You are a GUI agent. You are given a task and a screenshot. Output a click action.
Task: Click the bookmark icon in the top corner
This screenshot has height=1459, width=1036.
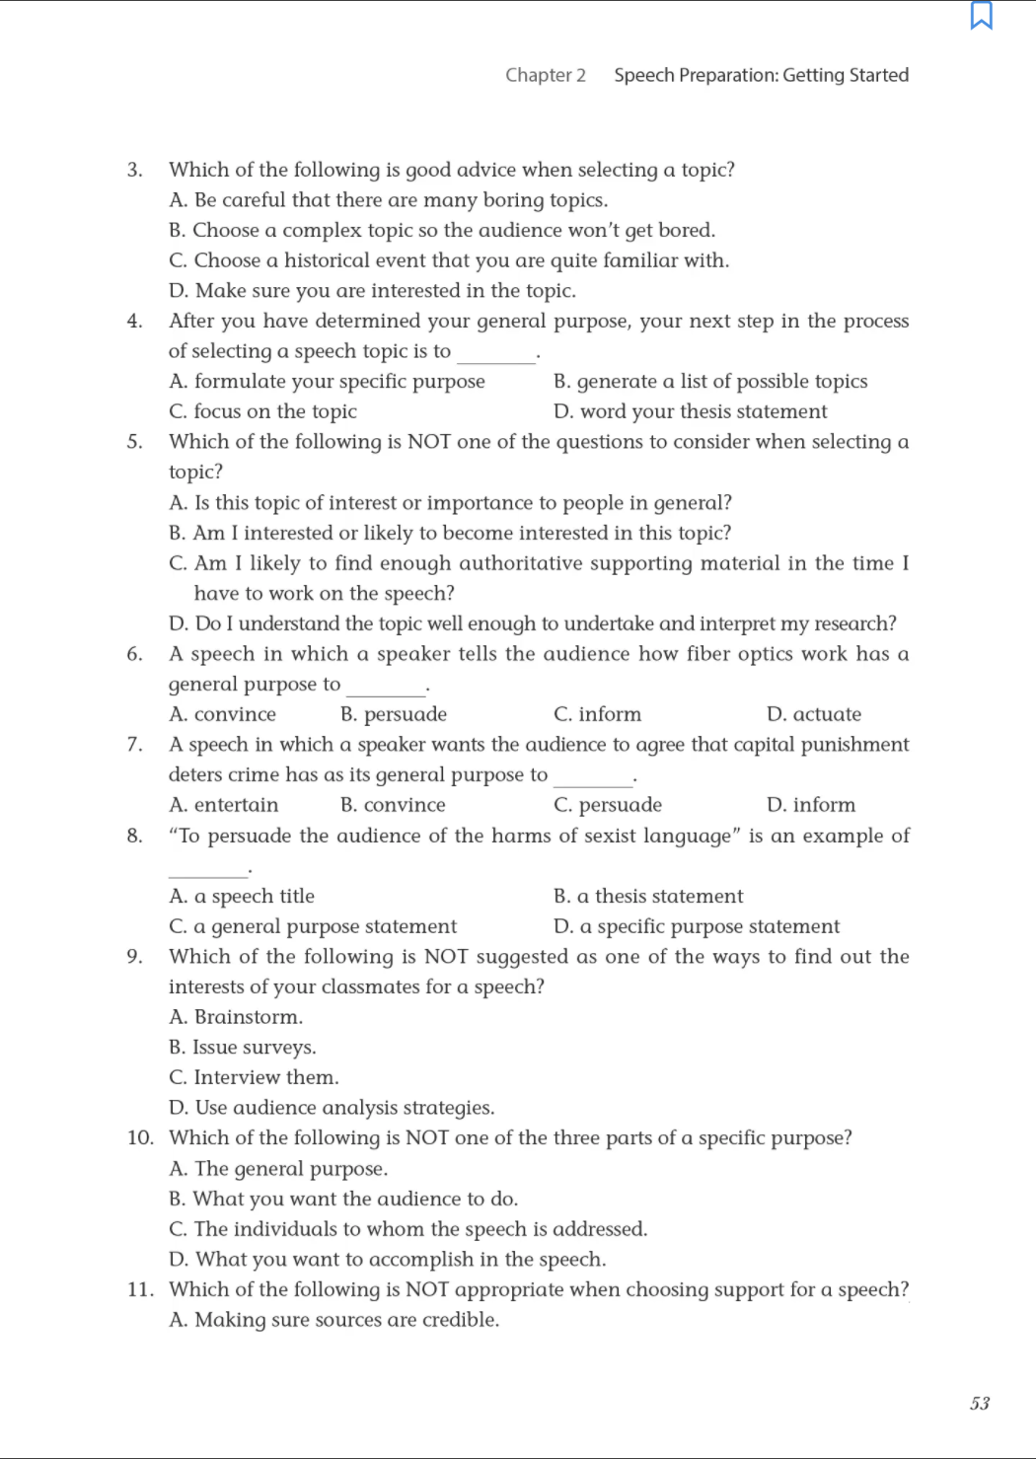(982, 16)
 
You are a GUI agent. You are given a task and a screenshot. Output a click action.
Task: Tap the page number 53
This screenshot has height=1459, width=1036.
(980, 1404)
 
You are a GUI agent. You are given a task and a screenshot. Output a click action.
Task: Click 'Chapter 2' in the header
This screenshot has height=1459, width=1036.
(546, 75)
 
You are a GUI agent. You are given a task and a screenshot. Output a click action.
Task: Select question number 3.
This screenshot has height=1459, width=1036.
(134, 170)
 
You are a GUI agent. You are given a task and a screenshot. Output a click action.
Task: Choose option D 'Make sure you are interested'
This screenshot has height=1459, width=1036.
(372, 291)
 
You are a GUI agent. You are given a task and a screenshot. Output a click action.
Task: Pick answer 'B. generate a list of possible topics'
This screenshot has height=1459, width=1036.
(710, 382)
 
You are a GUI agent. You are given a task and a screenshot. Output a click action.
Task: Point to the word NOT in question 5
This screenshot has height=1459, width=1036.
(429, 442)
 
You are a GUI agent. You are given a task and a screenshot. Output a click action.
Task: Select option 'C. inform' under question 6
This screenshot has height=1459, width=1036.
(597, 714)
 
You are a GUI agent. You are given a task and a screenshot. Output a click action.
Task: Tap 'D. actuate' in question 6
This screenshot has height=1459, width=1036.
(813, 714)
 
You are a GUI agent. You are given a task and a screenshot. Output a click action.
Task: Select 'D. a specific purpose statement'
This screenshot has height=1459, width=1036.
(697, 926)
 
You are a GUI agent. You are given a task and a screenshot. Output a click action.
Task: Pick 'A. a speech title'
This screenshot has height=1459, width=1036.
(242, 897)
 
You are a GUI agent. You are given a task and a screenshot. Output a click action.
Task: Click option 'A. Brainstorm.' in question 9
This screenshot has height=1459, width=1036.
(236, 1017)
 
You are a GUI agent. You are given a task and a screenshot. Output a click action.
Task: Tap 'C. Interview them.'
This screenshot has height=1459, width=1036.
(254, 1077)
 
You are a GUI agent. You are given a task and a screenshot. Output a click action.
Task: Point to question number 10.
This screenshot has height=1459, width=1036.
(140, 1138)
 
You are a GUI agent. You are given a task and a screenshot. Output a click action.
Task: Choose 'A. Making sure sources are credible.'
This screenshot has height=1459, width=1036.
(333, 1320)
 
